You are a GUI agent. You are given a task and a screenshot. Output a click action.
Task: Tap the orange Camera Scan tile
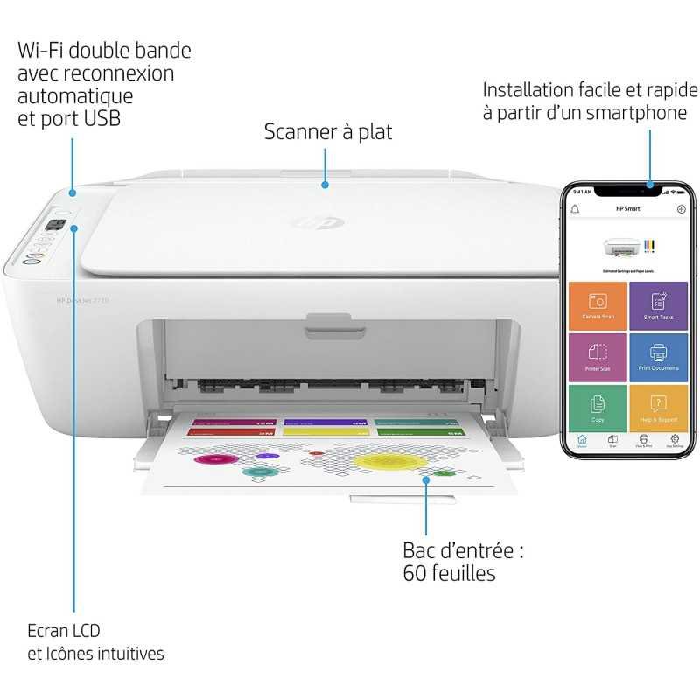(598, 305)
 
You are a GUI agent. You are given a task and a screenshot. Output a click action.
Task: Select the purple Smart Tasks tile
(658, 305)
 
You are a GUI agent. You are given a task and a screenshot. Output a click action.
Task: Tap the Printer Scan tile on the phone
(598, 357)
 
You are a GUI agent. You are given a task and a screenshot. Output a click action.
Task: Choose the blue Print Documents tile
(658, 357)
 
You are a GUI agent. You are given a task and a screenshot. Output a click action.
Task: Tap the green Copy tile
(598, 408)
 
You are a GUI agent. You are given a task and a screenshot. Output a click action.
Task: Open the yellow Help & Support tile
(658, 408)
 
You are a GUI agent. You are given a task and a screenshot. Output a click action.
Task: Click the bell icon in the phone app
(576, 210)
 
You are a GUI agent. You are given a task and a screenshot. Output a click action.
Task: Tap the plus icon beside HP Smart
(681, 210)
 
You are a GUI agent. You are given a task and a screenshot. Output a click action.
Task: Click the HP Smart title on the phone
(628, 210)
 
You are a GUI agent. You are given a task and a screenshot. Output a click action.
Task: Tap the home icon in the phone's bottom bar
(582, 440)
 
